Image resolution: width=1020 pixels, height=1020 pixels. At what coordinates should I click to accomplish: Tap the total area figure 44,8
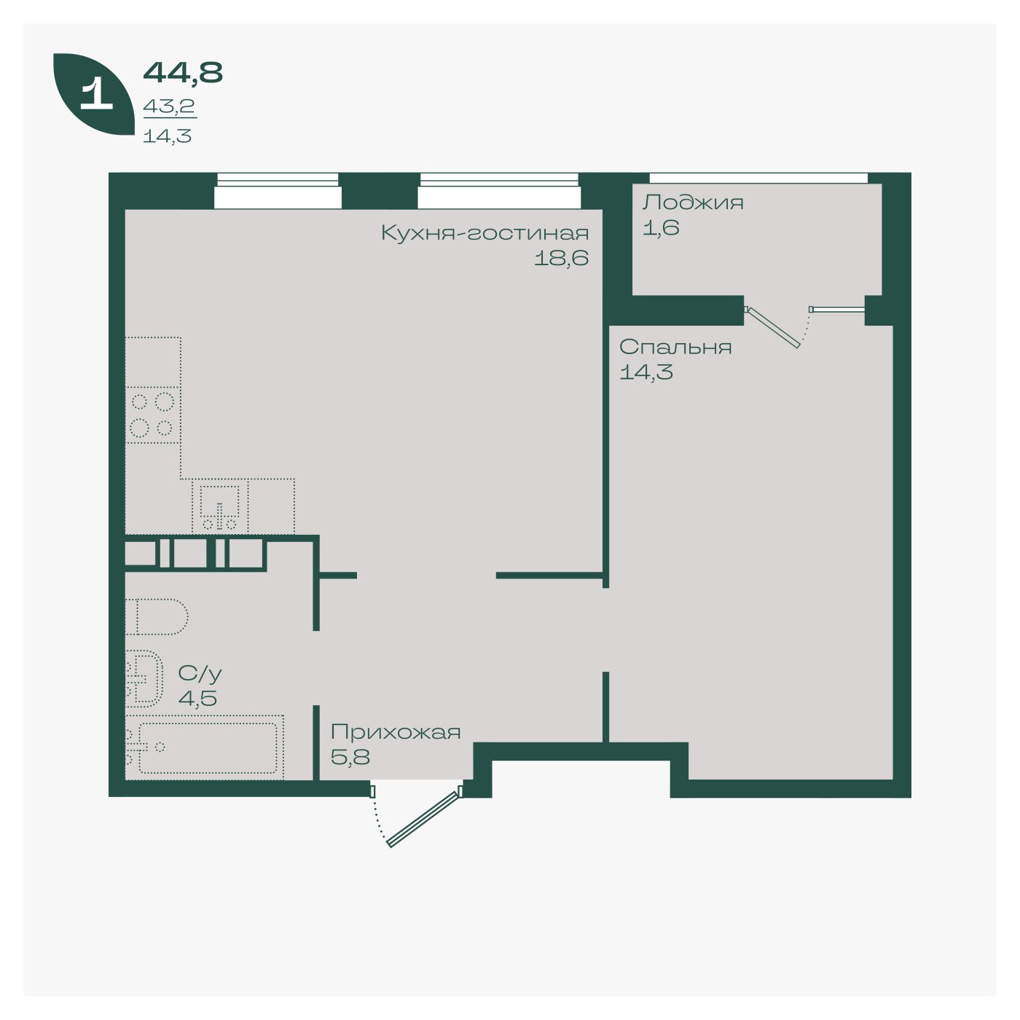(183, 73)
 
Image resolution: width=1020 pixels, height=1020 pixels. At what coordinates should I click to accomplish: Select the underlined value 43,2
(169, 107)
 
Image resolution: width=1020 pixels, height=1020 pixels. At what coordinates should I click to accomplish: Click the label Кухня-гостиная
(484, 233)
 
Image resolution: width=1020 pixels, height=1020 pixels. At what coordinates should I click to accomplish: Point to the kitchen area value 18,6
(561, 259)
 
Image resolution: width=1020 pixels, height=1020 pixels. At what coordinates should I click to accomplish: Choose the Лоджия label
(693, 203)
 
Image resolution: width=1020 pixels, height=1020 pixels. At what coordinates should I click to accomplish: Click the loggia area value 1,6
(661, 227)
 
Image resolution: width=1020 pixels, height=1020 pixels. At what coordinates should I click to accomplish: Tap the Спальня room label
(675, 348)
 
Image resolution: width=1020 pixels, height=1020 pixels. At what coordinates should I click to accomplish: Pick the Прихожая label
(396, 733)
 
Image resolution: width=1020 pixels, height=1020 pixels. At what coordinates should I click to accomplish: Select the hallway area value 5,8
(350, 757)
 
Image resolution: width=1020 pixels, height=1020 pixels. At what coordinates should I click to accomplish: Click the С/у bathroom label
(200, 673)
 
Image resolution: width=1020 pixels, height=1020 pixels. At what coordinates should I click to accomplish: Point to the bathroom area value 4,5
(197, 698)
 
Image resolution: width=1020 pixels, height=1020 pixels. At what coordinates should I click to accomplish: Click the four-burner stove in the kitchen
(152, 415)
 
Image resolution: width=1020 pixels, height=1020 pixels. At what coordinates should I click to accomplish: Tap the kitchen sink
(220, 506)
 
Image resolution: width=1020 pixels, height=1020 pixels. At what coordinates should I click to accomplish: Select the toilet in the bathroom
(157, 616)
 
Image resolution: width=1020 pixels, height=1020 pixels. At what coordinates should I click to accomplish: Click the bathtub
(204, 748)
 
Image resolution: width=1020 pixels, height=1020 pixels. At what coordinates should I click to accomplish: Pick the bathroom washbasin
(144, 678)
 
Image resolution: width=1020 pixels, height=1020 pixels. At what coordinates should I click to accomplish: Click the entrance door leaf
(423, 819)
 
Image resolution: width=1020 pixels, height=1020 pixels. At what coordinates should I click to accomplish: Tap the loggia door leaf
(772, 328)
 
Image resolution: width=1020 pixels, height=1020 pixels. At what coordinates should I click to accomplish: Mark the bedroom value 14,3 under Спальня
(646, 372)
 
